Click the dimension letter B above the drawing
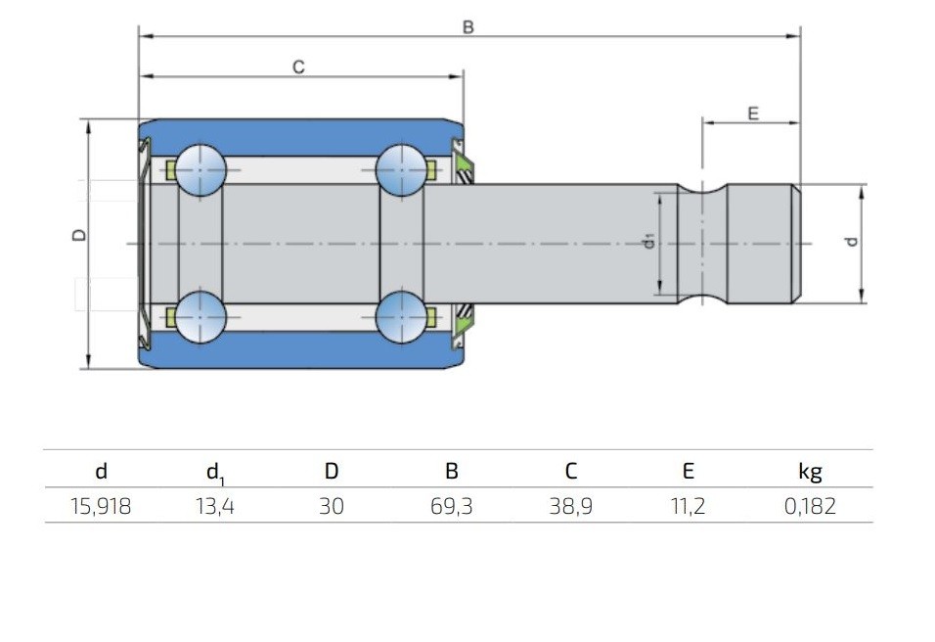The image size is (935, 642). click(x=468, y=27)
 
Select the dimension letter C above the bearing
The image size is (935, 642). click(x=298, y=67)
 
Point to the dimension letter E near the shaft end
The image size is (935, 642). click(x=753, y=114)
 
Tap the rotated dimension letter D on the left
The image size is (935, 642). click(x=78, y=235)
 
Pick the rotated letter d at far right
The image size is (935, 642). click(x=852, y=241)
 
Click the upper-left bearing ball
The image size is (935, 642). click(x=200, y=170)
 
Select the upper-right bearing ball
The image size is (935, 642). click(x=401, y=170)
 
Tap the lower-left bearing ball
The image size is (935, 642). click(x=200, y=317)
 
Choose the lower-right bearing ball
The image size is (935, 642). click(x=401, y=317)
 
